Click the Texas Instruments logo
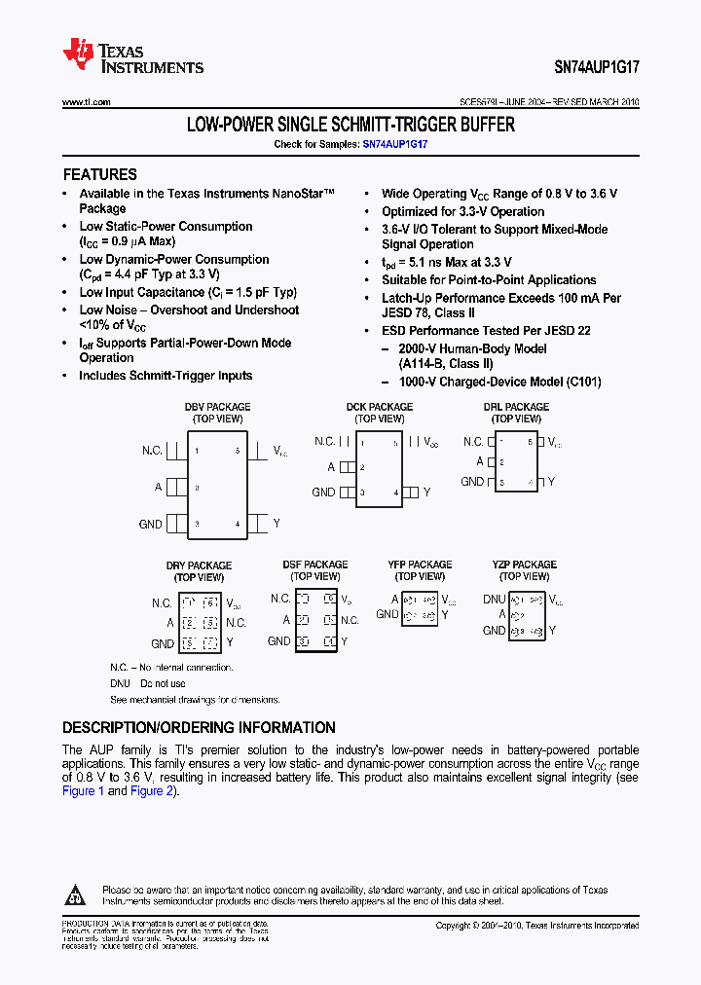(x=132, y=56)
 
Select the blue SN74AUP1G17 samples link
(x=395, y=143)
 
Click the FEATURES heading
(x=100, y=175)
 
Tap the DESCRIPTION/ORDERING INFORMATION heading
(x=199, y=727)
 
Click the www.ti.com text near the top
(x=86, y=102)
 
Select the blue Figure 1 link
(x=83, y=791)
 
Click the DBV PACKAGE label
(x=217, y=407)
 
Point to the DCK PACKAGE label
(x=379, y=407)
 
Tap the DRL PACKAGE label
(x=516, y=407)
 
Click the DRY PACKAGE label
(x=199, y=565)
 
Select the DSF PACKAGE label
(x=314, y=565)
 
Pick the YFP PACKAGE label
(x=420, y=565)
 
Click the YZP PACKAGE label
(x=524, y=565)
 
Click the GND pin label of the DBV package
(x=150, y=524)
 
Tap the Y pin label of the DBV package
(x=277, y=524)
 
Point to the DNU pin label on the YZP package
(x=494, y=600)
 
